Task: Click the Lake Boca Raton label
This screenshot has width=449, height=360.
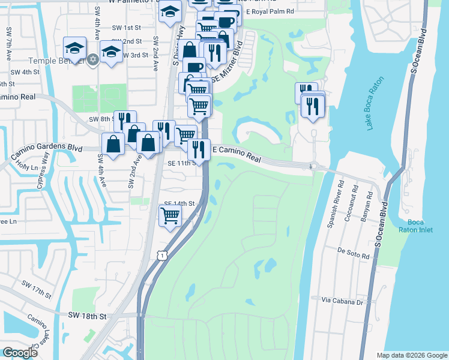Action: point(374,103)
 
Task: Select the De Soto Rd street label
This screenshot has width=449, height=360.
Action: point(353,255)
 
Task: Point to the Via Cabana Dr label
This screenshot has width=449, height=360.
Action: point(343,301)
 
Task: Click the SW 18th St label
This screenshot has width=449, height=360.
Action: point(87,316)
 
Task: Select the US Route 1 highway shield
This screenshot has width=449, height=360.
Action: point(161,256)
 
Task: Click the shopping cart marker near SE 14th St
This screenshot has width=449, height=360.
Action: point(170,215)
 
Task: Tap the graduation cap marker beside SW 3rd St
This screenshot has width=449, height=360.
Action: point(111,52)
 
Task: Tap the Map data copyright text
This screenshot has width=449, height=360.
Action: point(411,355)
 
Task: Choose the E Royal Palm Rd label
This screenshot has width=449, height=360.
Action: point(271,11)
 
